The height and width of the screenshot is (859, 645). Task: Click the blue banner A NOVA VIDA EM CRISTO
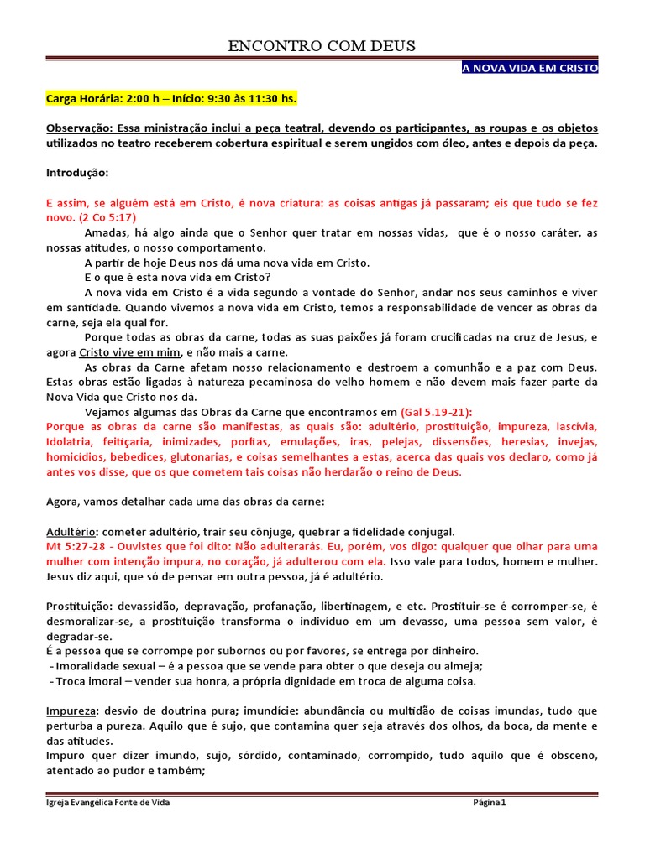[530, 68]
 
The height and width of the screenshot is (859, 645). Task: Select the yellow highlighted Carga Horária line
[171, 99]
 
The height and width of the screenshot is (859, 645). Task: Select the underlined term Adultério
[71, 532]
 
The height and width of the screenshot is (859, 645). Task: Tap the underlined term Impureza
[71, 711]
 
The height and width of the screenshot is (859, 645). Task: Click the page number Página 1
[490, 803]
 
